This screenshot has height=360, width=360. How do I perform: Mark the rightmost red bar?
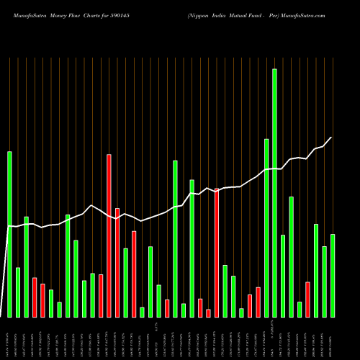307,299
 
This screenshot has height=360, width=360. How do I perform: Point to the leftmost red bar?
35,297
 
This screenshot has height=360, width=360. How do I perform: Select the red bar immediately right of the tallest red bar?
117,262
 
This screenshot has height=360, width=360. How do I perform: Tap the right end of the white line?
332,138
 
